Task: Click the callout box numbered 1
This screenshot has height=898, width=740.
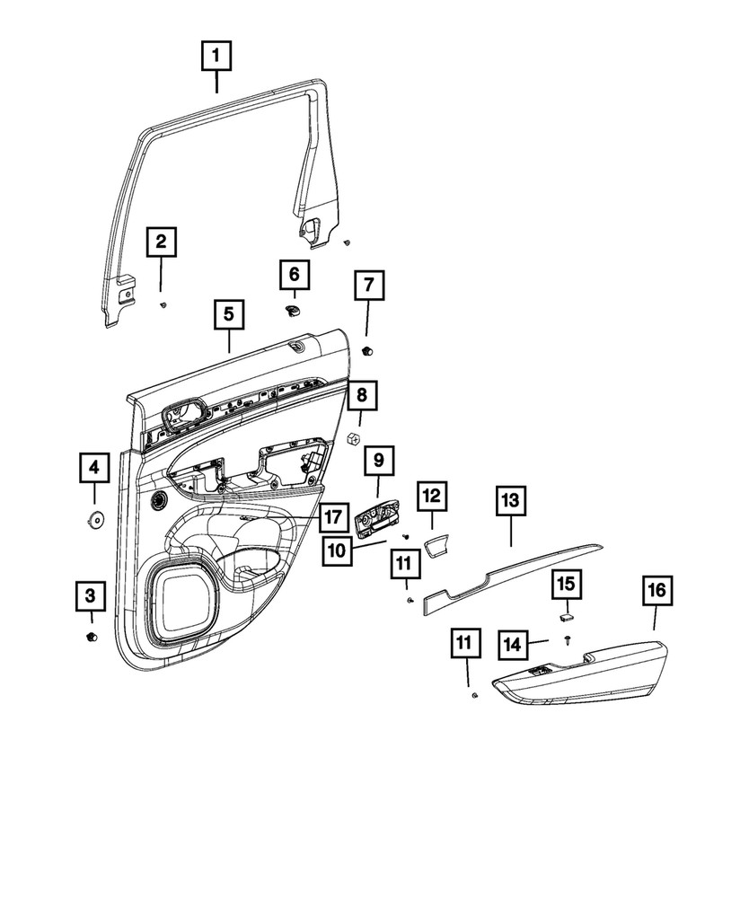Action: click(x=216, y=57)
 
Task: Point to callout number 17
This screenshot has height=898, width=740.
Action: click(x=331, y=517)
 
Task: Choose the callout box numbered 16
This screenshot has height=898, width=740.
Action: click(x=656, y=590)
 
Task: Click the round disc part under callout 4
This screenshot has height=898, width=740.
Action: click(x=93, y=519)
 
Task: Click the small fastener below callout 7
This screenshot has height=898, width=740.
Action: click(x=367, y=349)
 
